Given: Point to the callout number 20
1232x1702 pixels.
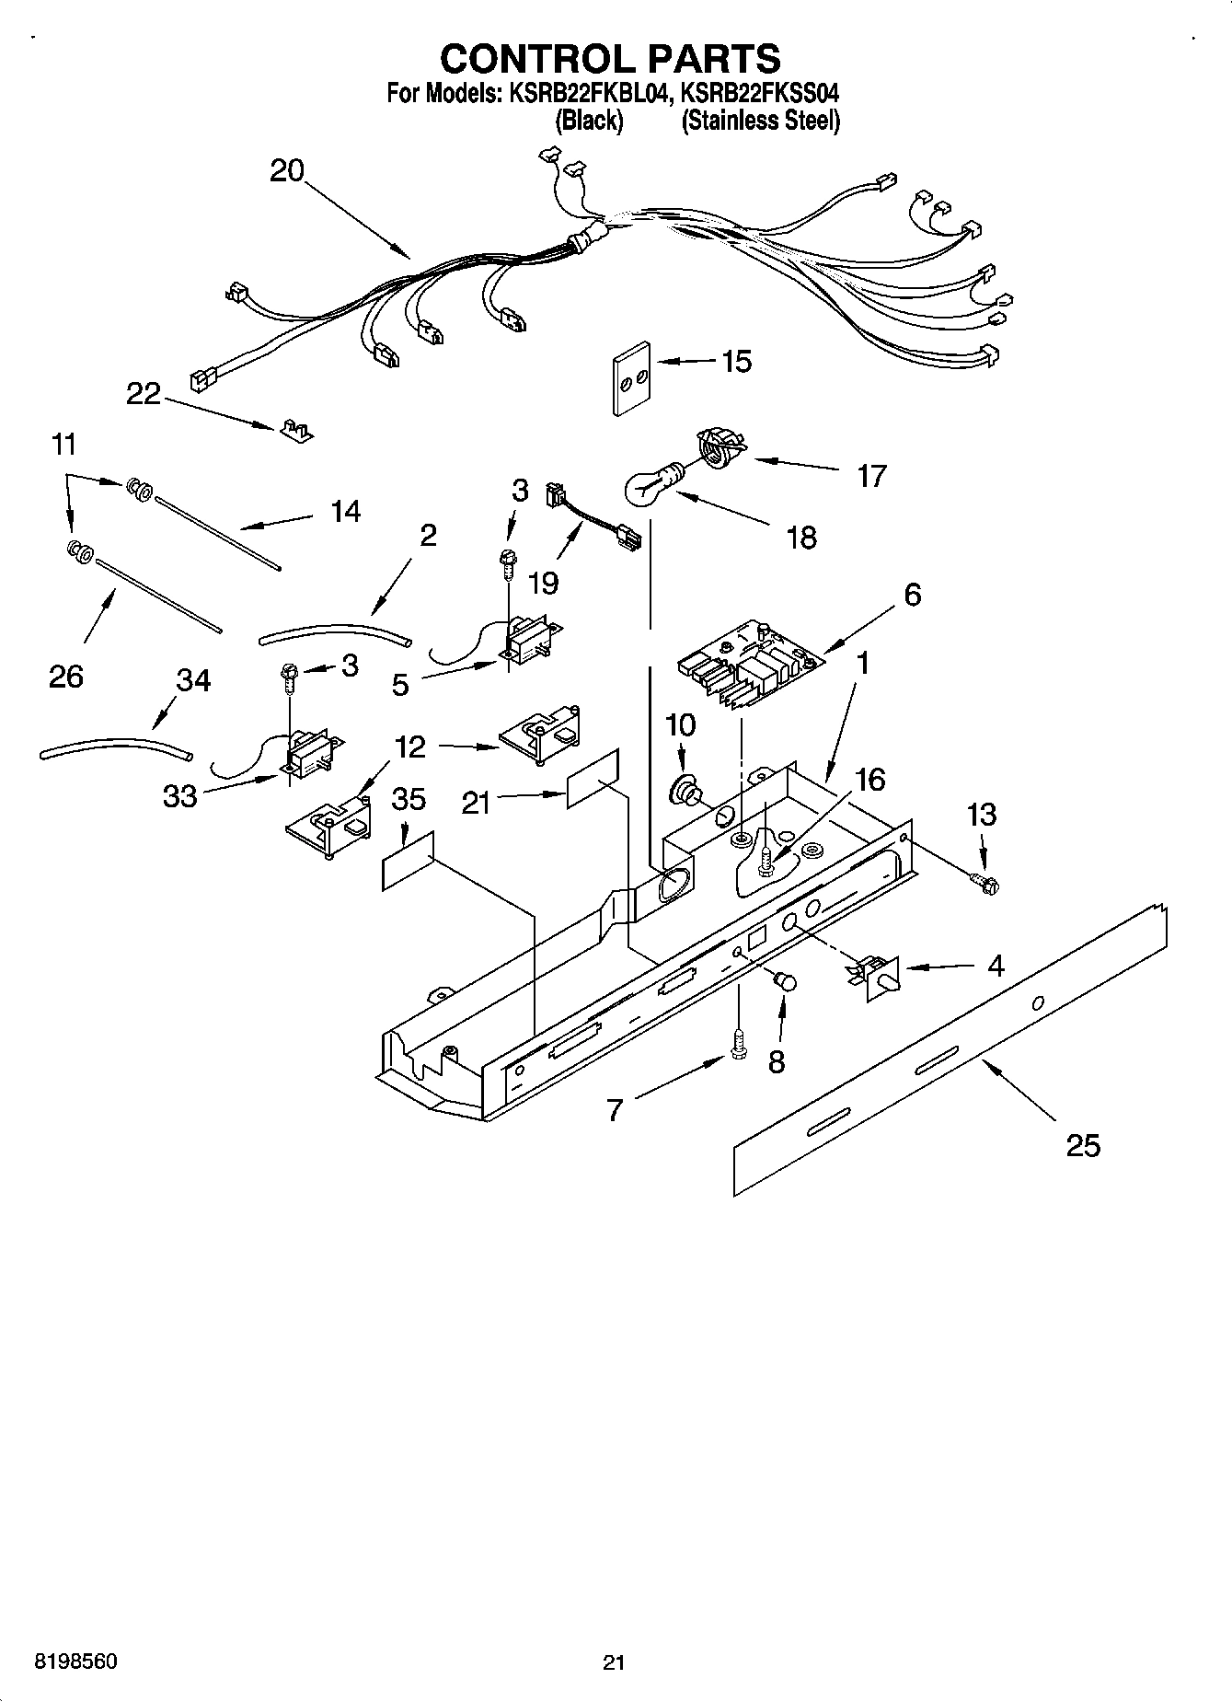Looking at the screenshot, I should click(287, 170).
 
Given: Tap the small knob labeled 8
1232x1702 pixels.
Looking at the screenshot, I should click(785, 981).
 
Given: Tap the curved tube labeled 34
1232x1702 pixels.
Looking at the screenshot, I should click(116, 747).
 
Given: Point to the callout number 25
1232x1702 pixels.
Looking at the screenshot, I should click(1082, 1146).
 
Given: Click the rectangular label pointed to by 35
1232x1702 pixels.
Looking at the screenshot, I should click(407, 862).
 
